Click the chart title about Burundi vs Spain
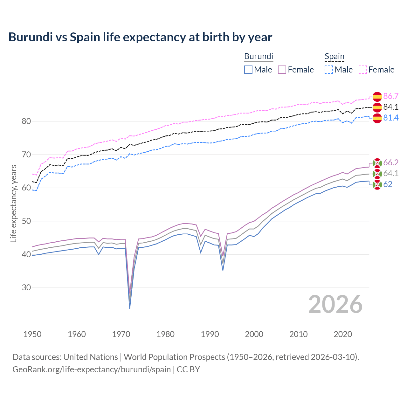[140, 37]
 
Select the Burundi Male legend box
[248, 70]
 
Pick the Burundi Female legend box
[282, 70]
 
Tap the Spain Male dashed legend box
[329, 70]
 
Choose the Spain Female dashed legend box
[363, 70]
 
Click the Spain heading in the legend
[335, 57]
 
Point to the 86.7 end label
[391, 96]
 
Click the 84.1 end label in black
[391, 107]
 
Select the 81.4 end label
[391, 118]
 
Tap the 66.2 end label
[391, 163]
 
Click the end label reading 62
[388, 184]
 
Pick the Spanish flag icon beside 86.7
[377, 96]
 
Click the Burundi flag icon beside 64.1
[377, 174]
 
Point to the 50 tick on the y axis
[26, 221]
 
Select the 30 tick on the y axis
[26, 287]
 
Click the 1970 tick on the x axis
[121, 334]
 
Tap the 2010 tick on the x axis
[298, 334]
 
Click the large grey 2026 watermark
[335, 304]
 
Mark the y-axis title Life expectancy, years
[14, 203]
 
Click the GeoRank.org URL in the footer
[92, 369]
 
